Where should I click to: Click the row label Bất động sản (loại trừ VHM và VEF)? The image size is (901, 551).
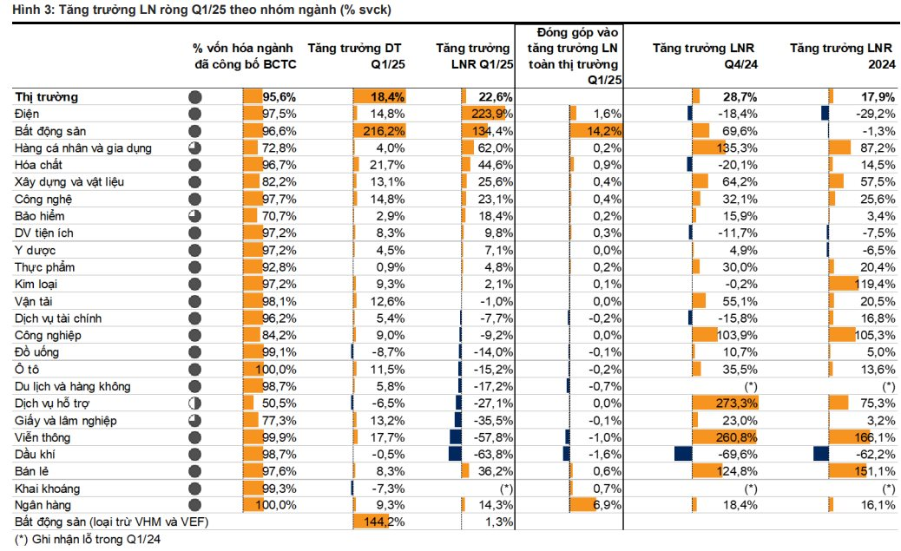pyautogui.click(x=112, y=521)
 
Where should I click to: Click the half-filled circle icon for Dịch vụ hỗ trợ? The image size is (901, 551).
pyautogui.click(x=194, y=403)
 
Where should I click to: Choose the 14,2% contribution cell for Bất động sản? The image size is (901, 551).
pyautogui.click(x=603, y=131)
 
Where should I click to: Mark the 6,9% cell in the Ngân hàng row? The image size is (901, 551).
pyautogui.click(x=608, y=504)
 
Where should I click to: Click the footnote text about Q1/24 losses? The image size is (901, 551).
pyautogui.click(x=89, y=539)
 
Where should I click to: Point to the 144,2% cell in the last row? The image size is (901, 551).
pyautogui.click(x=387, y=521)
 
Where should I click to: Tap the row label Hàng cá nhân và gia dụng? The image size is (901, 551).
pyautogui.click(x=83, y=148)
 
